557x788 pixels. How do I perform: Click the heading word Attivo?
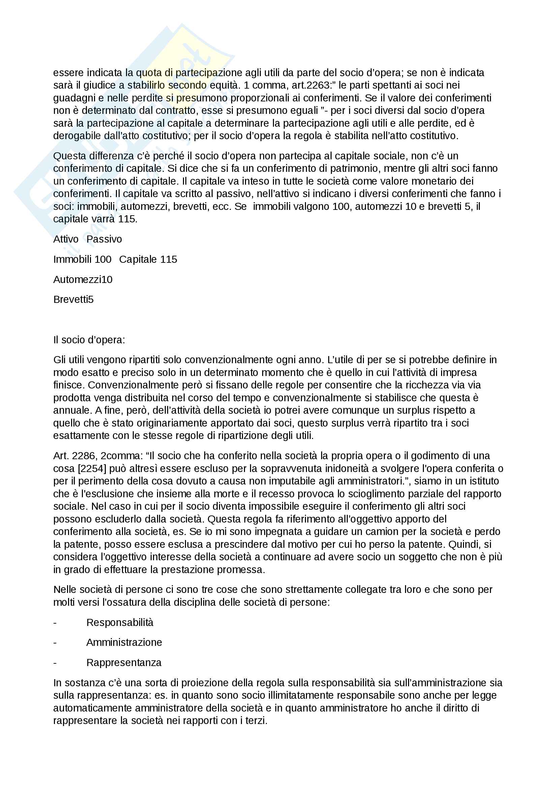(66, 239)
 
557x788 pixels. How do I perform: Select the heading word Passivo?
(104, 239)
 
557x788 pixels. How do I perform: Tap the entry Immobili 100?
(82, 259)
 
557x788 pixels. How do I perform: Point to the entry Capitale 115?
(148, 259)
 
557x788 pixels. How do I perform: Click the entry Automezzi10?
(83, 279)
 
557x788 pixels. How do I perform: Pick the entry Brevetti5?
(73, 300)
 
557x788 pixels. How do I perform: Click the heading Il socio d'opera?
(89, 340)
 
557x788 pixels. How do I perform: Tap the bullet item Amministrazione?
(124, 642)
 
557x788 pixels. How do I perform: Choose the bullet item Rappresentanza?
(124, 662)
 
